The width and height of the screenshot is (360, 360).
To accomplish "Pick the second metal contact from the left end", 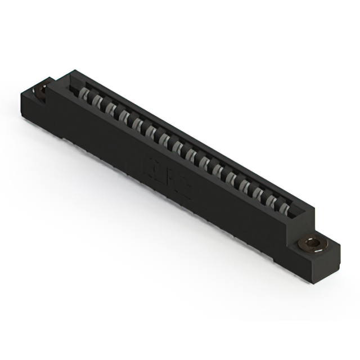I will tap(97, 100).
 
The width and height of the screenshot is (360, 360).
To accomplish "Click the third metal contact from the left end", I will tap(110, 107).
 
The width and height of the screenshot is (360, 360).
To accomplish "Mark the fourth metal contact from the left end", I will tap(124, 115).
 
